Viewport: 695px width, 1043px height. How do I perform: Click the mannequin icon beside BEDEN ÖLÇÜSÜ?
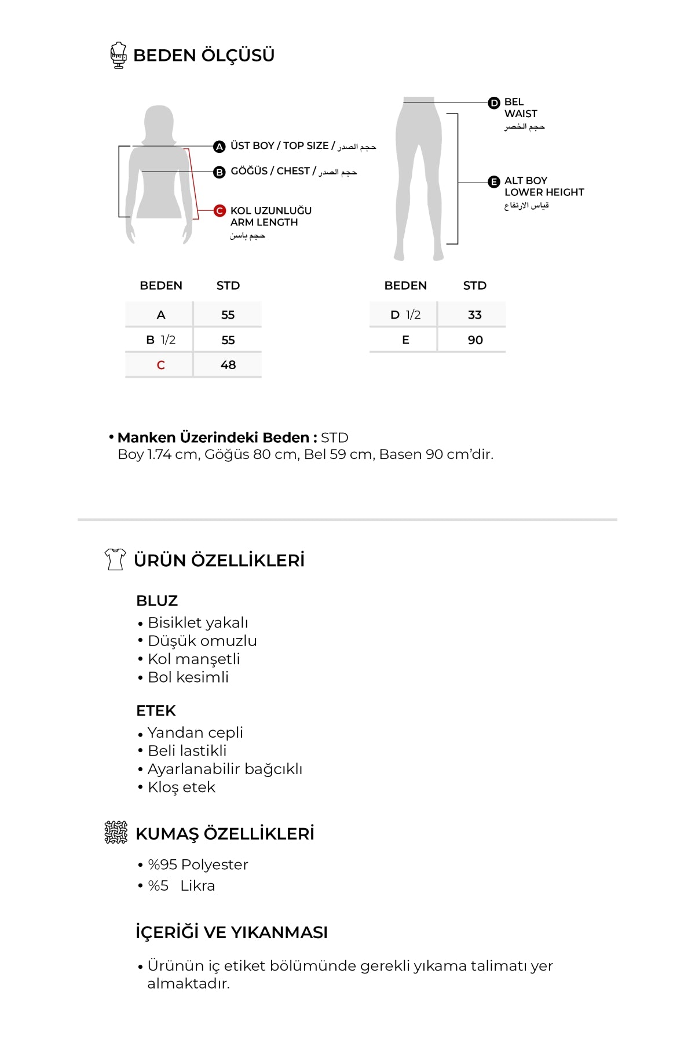coord(119,56)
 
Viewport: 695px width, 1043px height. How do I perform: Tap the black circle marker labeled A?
coord(219,147)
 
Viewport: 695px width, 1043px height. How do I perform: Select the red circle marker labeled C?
coord(220,211)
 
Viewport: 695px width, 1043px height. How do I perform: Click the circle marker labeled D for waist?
coord(494,103)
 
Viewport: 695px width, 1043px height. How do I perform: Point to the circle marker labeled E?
coord(494,182)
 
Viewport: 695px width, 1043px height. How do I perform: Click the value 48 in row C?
coord(228,365)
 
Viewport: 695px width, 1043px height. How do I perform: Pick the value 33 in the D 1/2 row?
coord(475,315)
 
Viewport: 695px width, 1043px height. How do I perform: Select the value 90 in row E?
coord(475,340)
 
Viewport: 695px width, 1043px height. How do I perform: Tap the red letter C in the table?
coord(160,365)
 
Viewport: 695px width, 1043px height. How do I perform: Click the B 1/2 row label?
coord(160,340)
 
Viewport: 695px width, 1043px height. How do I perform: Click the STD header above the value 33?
coord(475,286)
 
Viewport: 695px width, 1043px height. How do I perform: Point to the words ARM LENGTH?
coord(264,223)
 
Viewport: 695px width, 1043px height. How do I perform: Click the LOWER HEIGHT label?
coord(544,192)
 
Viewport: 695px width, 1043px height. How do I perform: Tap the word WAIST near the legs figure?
coord(520,114)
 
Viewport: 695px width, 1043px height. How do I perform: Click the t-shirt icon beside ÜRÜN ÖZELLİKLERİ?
coord(115,559)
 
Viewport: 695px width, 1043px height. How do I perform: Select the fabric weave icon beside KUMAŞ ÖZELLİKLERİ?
coord(116,832)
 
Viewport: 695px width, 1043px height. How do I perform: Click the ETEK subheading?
coord(156,711)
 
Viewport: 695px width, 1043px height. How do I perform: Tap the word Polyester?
coord(214,865)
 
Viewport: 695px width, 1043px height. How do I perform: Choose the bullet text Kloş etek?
coord(181,787)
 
